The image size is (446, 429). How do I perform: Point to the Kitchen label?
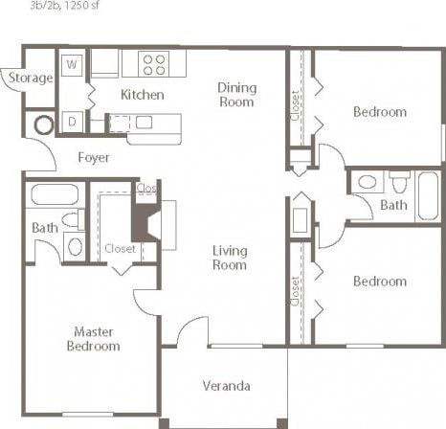(x=142, y=95)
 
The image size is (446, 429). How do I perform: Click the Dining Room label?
(x=236, y=94)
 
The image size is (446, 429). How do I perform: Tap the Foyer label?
(x=93, y=157)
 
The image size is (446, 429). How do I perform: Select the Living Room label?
(x=231, y=258)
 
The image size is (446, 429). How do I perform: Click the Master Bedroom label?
(x=94, y=338)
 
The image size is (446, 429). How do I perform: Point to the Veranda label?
(x=227, y=386)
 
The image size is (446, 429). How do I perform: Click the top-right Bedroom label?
(x=379, y=112)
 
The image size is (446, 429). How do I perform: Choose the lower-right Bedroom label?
(x=379, y=282)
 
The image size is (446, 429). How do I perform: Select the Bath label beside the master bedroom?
(x=44, y=228)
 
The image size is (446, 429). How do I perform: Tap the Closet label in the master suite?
(x=121, y=247)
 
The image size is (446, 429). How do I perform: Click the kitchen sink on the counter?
(x=145, y=122)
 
